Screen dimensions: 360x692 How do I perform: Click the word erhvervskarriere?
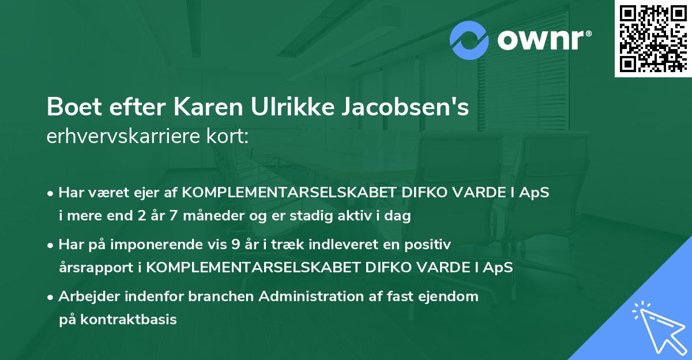tap(124, 137)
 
